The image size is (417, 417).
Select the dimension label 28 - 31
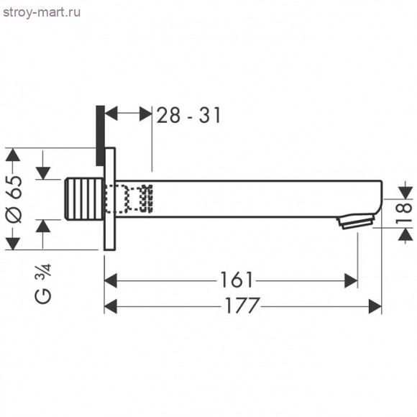tap(188, 114)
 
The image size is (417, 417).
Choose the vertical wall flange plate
tap(111, 198)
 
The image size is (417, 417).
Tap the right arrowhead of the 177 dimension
tap(376, 306)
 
